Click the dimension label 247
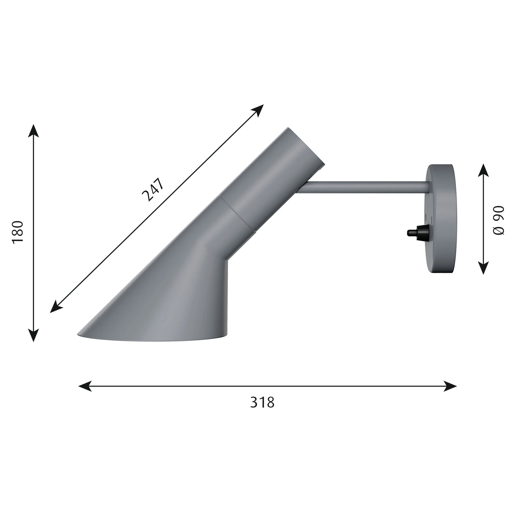[x=153, y=190]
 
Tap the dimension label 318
[x=262, y=403]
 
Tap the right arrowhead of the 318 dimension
[x=451, y=386]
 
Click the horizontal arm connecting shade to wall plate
[x=365, y=187]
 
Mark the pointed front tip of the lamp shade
[x=79, y=335]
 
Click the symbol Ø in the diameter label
[x=499, y=231]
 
